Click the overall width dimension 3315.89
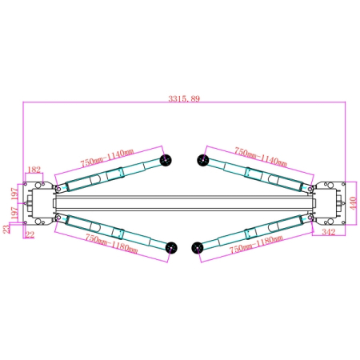(184, 99)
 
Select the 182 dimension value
(34, 170)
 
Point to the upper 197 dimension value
(14, 194)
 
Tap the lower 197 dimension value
(14, 213)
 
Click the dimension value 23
(6, 229)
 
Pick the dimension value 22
(30, 234)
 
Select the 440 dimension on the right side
(353, 203)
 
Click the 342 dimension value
(329, 232)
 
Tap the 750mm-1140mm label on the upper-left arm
(107, 158)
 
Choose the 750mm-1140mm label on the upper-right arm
(261, 157)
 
